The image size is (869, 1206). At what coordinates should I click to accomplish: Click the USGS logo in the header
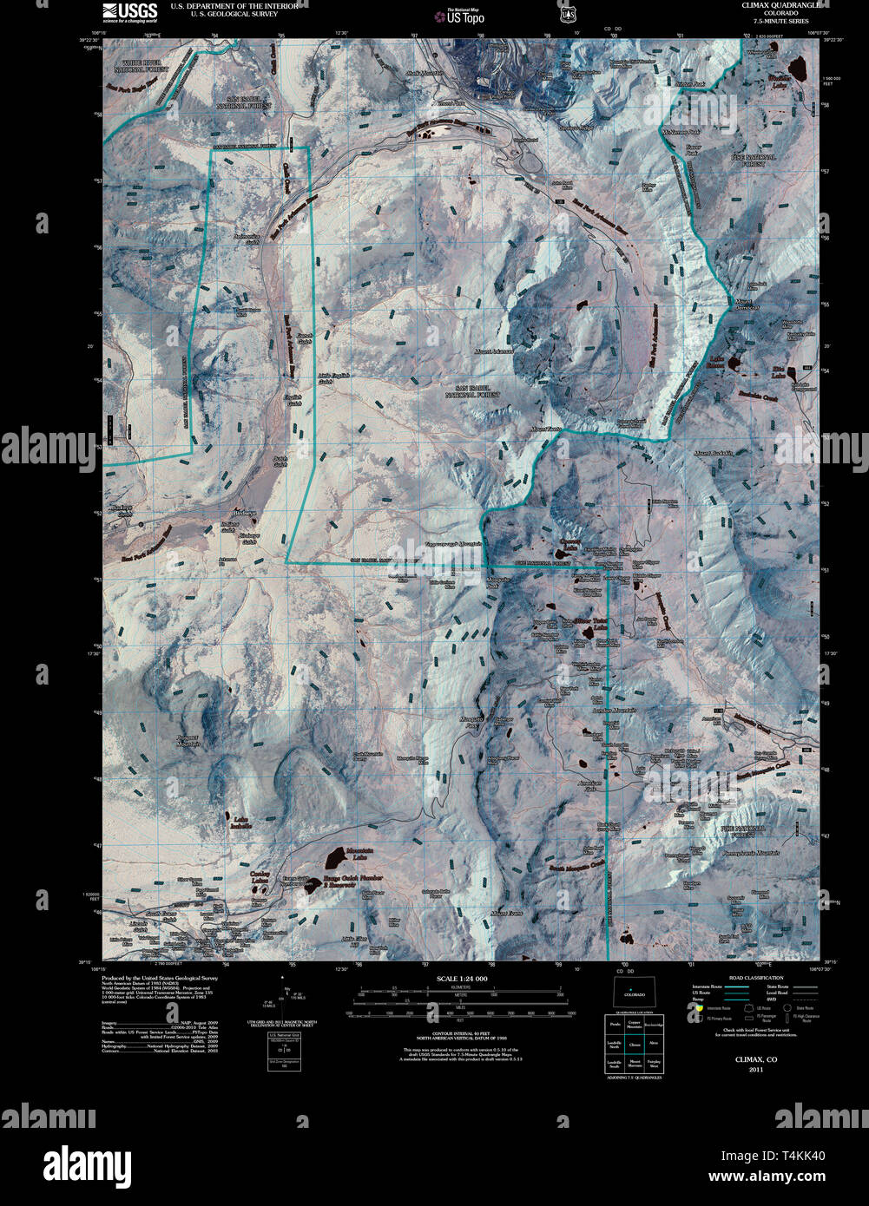coord(129,11)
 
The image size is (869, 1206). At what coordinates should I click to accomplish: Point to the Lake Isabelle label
coord(241,822)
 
